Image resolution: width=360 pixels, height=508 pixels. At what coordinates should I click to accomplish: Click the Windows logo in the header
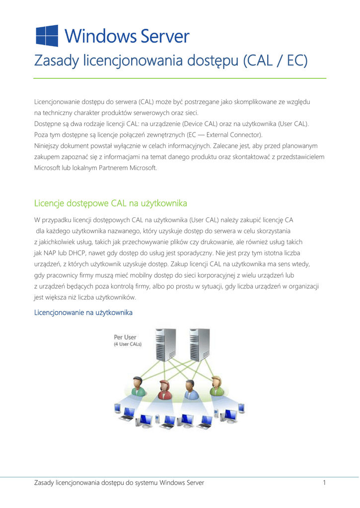47,36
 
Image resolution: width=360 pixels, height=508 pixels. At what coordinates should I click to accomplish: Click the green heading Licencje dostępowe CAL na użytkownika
110,203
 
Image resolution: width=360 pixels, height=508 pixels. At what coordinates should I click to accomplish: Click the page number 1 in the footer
324,482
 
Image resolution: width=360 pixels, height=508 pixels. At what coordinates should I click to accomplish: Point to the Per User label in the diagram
125,337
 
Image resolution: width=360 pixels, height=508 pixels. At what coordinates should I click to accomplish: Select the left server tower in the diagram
160,348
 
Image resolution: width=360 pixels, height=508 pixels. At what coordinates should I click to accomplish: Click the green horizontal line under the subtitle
180,78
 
